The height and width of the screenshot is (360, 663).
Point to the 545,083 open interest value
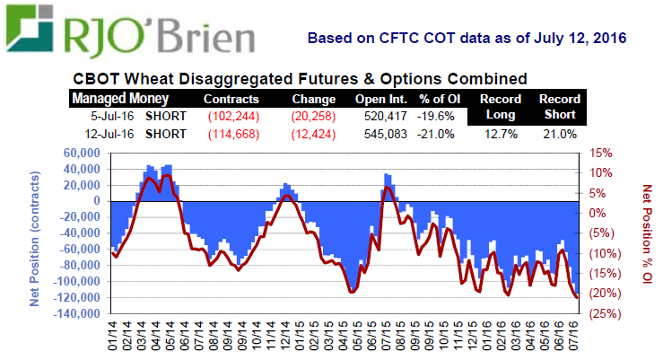(x=381, y=134)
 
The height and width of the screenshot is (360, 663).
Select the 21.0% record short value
(x=560, y=134)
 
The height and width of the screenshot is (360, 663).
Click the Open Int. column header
(x=381, y=99)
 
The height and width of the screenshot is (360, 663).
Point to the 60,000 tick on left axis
(x=82, y=154)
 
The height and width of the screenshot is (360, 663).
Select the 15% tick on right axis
(x=600, y=154)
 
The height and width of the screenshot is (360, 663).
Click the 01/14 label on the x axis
(x=112, y=339)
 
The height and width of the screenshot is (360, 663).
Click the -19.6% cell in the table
(x=437, y=116)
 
